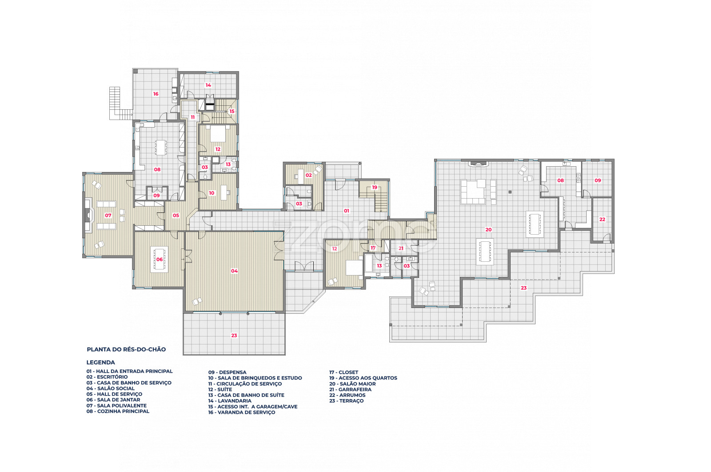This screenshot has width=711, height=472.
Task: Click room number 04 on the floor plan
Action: (234, 271)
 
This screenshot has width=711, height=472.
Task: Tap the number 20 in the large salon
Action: (488, 229)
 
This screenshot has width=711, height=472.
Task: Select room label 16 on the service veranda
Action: (156, 94)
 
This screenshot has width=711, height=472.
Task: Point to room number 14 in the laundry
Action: (208, 85)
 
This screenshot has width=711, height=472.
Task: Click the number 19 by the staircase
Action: (375, 187)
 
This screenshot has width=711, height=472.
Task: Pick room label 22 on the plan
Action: (602, 220)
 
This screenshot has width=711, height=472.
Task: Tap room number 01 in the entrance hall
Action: (347, 211)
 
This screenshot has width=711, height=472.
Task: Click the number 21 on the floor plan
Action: (401, 248)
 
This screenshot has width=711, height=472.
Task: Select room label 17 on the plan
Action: (373, 248)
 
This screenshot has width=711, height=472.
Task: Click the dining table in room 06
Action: (160, 259)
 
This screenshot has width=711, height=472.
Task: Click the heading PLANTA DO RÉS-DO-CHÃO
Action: (126, 349)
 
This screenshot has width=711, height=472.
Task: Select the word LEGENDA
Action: (100, 363)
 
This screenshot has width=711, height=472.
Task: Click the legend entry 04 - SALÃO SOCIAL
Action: (111, 388)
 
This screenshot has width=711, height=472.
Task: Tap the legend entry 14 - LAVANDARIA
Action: (230, 401)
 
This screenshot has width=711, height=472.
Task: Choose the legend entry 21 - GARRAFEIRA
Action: (351, 389)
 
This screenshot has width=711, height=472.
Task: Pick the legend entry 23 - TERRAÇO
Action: (347, 401)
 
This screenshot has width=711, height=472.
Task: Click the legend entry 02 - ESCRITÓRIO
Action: (107, 377)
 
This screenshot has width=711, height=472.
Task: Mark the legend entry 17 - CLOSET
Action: (344, 372)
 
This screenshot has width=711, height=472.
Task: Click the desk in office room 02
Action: (300, 176)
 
